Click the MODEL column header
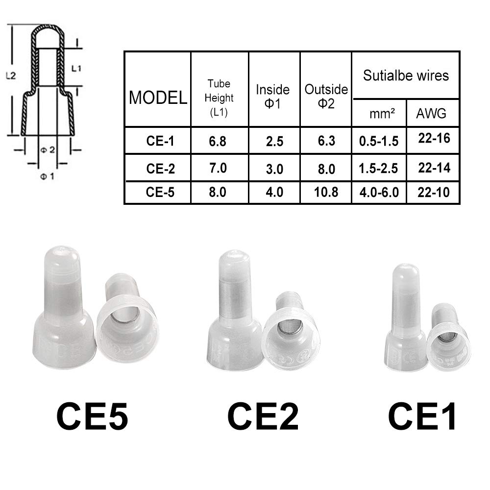[158, 97]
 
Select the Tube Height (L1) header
[219, 98]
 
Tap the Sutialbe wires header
[406, 75]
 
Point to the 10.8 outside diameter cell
[326, 192]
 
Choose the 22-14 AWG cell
[434, 168]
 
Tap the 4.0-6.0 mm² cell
[378, 192]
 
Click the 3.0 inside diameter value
[274, 169]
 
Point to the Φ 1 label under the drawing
[47, 176]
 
